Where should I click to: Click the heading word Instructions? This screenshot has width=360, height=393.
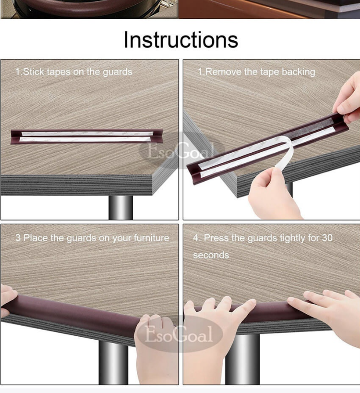[181, 40]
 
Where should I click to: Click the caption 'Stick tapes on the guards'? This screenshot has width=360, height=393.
[78, 72]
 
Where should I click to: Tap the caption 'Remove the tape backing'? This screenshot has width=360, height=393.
[260, 72]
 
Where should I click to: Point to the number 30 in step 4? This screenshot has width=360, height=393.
[327, 238]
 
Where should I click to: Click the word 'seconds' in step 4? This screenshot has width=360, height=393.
[211, 256]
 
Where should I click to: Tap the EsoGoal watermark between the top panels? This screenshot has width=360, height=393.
[181, 150]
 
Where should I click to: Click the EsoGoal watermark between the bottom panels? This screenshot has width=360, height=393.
[179, 333]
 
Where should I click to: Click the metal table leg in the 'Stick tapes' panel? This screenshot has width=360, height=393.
[120, 208]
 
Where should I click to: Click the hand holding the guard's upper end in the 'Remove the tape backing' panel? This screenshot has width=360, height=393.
[348, 99]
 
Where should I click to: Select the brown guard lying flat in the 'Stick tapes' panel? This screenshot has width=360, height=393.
[86, 136]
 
